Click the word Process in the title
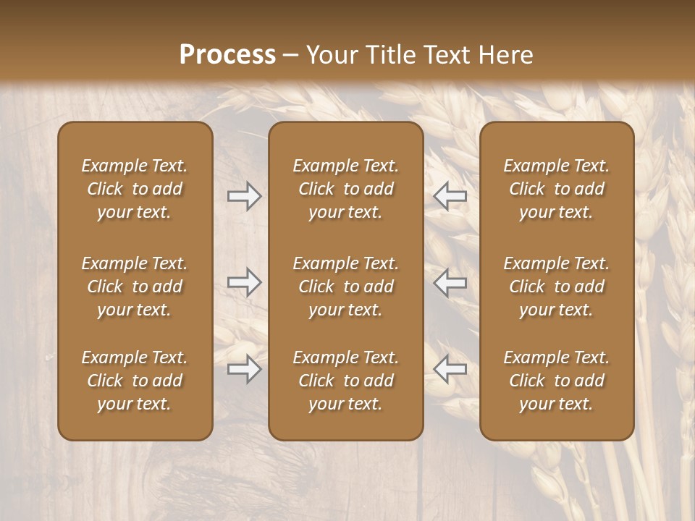227,55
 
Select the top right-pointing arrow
245,196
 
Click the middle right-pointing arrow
245,282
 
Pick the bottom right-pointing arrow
245,369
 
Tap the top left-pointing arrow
450,196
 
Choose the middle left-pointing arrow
450,282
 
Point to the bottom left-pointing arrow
450,369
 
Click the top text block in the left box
135,189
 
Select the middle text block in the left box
135,287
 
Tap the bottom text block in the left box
135,381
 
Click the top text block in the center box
345,189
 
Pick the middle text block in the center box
345,287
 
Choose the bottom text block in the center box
345,381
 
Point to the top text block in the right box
556,189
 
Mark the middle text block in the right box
556,287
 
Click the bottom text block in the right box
556,381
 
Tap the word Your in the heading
331,55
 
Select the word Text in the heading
446,55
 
